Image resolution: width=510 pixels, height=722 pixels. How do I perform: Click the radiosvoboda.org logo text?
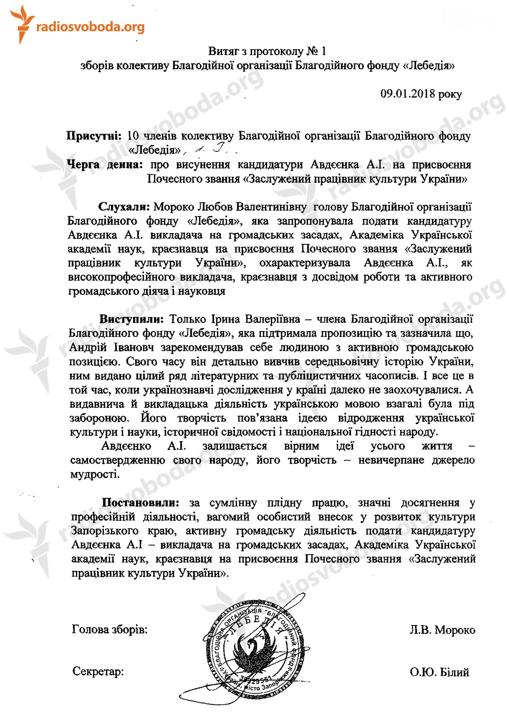(x=90, y=27)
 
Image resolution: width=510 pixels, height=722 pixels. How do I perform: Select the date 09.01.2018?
(x=407, y=94)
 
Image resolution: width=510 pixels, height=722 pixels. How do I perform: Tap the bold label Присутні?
(x=94, y=136)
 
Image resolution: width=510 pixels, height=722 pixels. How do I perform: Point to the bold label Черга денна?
(x=105, y=165)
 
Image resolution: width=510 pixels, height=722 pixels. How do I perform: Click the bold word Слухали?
(x=124, y=207)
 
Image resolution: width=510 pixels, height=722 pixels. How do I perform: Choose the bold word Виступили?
(x=131, y=319)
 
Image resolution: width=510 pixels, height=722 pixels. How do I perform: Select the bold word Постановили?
(x=140, y=503)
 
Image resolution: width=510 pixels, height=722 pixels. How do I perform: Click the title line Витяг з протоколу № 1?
(x=267, y=51)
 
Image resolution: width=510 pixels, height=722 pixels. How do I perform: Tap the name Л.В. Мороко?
(x=442, y=630)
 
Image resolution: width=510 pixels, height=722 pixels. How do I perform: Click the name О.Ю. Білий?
(x=439, y=672)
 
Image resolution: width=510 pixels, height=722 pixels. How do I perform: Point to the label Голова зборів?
(x=109, y=629)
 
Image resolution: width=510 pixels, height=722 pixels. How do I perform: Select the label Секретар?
(x=98, y=672)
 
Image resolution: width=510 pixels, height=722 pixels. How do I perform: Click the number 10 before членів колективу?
(x=133, y=136)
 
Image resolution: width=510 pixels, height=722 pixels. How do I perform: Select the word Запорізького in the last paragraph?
(x=104, y=531)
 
